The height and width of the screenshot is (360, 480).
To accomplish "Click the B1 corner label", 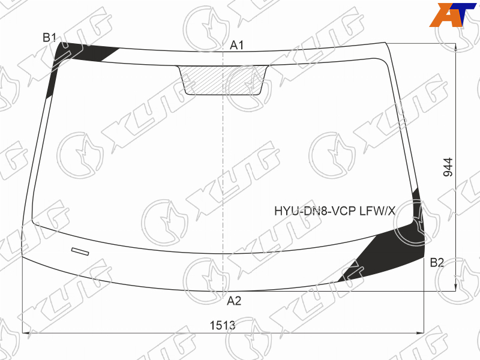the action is coord(49,38).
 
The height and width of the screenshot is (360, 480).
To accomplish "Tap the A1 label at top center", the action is coord(236,46).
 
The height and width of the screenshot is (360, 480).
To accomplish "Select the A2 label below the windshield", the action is coord(234,301).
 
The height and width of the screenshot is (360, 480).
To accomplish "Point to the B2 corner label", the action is coord(437,263).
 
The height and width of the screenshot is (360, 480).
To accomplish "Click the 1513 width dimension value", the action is coord(223,325).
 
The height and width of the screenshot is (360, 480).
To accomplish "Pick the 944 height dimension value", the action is coord(448,167).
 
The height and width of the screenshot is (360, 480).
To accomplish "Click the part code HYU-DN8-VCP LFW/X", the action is coord(335,211).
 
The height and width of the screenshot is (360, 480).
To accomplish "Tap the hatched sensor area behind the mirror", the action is coord(223,80).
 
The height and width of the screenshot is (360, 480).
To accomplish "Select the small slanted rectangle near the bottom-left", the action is coord(80,251).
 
